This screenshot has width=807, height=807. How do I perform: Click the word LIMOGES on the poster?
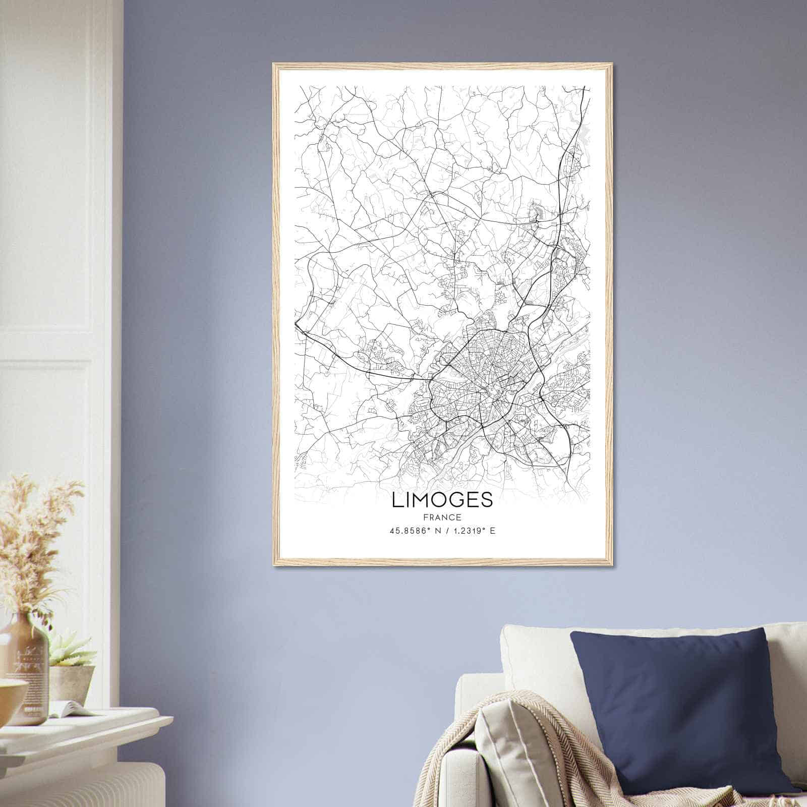[x=442, y=500]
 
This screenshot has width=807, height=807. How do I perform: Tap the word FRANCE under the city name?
[x=442, y=517]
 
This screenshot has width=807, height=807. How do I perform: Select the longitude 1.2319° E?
[x=472, y=531]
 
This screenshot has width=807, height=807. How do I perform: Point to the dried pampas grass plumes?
[x=35, y=535]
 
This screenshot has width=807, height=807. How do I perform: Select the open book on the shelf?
[x=76, y=709]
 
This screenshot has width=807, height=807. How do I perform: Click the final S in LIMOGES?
[x=487, y=500]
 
